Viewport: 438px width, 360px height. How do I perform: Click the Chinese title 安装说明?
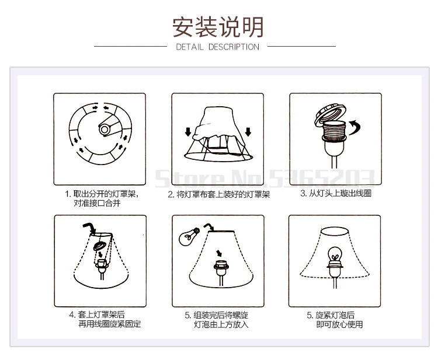(x=218, y=27)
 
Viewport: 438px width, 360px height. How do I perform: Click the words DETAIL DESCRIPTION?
(x=218, y=47)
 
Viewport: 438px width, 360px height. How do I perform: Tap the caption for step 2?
(x=219, y=194)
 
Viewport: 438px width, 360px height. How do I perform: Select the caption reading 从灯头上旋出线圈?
(x=336, y=193)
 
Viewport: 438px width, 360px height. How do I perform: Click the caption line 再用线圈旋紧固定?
(x=110, y=324)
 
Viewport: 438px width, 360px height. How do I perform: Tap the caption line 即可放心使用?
(x=339, y=324)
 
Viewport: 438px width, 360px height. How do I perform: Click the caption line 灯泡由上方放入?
(x=221, y=324)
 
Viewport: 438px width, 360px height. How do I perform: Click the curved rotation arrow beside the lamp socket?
(x=355, y=127)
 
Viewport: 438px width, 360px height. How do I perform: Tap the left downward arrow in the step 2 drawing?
(x=188, y=131)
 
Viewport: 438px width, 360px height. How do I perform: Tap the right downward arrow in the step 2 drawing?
(x=248, y=131)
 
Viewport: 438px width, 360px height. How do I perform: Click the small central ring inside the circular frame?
(x=104, y=129)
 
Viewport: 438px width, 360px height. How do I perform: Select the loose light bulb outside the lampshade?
(x=189, y=236)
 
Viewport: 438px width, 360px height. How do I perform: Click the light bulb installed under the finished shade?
(x=335, y=256)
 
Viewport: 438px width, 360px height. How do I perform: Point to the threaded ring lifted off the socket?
(x=331, y=114)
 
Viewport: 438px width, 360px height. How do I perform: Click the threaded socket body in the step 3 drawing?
(x=334, y=131)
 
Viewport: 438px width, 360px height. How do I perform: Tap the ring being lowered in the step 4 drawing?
(x=100, y=246)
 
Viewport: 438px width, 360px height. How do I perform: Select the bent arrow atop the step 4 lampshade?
(x=89, y=228)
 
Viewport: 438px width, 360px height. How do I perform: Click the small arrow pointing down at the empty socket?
(x=219, y=253)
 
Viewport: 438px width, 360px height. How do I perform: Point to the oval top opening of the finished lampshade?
(x=335, y=232)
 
